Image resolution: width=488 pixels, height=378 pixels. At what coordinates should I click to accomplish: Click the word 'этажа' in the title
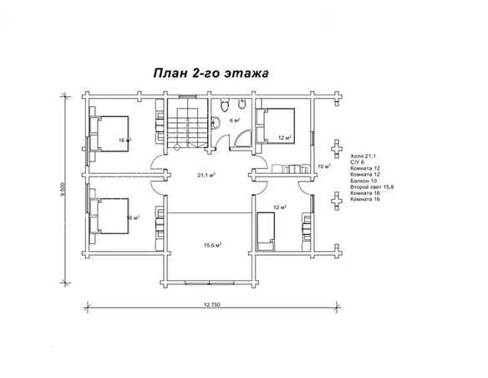248,73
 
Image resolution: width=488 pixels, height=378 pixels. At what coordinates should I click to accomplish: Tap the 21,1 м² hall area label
206,176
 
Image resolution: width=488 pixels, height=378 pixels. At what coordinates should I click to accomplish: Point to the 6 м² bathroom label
236,120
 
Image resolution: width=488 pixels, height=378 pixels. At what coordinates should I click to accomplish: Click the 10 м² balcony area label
324,166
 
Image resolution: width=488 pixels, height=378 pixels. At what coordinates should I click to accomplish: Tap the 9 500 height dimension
63,190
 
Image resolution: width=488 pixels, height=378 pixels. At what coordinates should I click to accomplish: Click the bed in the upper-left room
109,132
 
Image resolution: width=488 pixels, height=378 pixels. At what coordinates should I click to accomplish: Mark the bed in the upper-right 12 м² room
281,125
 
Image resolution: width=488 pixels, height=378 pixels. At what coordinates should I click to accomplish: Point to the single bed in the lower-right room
267,229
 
